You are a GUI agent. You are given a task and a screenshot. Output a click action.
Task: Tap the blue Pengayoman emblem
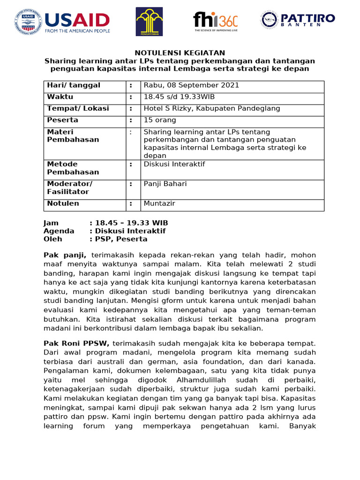(149, 22)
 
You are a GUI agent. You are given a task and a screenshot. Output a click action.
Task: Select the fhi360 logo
(215, 21)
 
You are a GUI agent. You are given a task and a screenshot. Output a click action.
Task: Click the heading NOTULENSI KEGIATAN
(180, 53)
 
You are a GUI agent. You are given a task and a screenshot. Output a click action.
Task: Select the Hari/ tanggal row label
(74, 85)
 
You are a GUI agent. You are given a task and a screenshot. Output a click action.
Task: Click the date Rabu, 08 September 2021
(191, 85)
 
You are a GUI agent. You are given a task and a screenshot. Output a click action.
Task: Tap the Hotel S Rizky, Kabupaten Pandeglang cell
(212, 109)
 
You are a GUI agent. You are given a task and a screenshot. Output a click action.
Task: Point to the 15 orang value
(159, 120)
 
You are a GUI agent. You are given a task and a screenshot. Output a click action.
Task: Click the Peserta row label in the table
(63, 120)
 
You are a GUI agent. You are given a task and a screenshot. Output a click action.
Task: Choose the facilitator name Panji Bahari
(165, 184)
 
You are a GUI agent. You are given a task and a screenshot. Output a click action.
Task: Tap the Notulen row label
(63, 204)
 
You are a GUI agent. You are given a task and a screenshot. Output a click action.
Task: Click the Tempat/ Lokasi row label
(78, 109)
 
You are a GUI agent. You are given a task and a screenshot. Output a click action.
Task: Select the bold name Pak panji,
(65, 255)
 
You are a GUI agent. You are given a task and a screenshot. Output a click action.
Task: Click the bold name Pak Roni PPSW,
(76, 344)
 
